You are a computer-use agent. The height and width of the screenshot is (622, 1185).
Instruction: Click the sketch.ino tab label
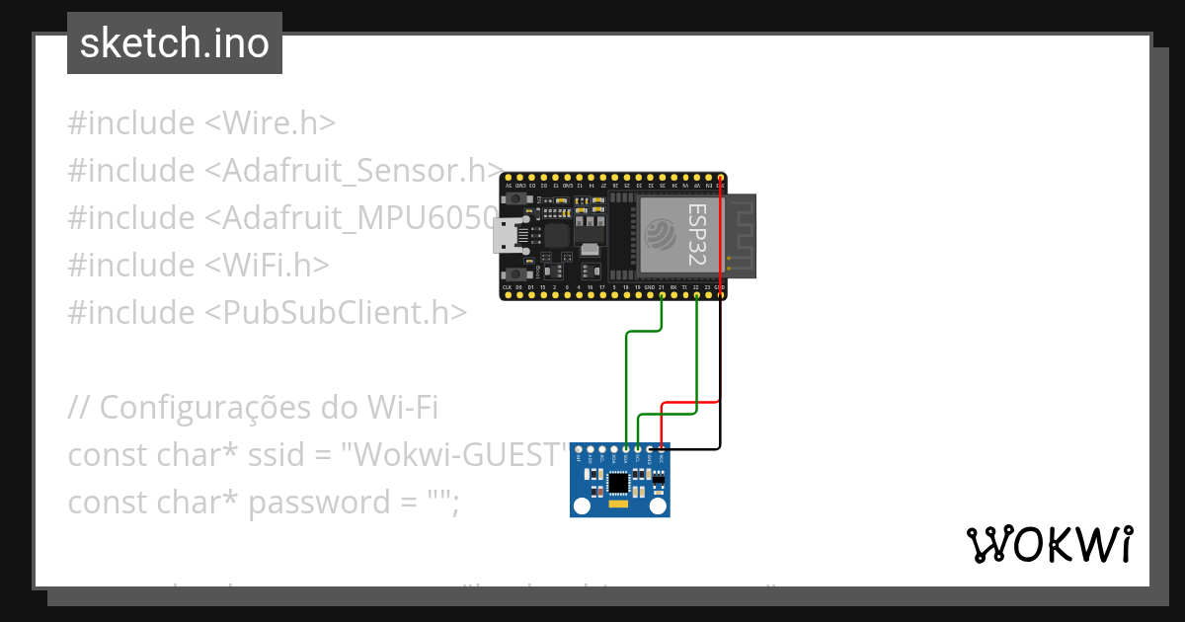click(175, 44)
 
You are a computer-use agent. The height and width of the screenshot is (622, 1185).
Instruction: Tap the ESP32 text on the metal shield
click(696, 233)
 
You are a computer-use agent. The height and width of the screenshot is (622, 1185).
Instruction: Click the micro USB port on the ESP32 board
click(508, 236)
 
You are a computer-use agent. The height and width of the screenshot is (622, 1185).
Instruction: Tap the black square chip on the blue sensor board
click(618, 483)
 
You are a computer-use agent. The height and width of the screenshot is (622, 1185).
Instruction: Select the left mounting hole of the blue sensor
click(582, 505)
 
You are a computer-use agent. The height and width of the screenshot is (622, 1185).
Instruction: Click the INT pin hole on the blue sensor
click(579, 450)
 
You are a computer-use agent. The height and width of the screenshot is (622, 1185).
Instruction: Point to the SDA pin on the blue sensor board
click(626, 450)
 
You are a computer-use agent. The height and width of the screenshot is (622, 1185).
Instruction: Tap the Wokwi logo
click(1049, 544)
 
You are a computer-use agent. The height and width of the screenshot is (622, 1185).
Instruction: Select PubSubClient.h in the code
click(336, 313)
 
